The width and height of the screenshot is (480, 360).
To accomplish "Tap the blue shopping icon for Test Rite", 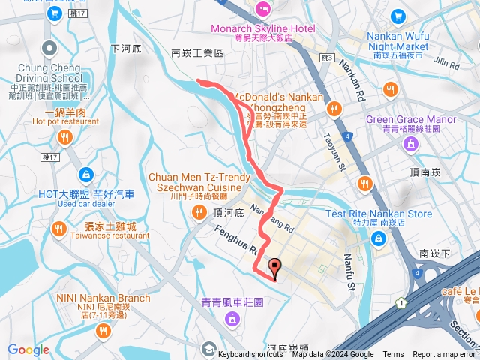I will coord(379,238).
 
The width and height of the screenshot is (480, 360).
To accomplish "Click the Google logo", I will coord(28,349).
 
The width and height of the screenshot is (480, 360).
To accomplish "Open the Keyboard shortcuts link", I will coord(250,355).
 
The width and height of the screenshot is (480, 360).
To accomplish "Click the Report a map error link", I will coord(444,355).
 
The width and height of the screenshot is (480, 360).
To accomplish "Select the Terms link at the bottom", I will coord(393,355).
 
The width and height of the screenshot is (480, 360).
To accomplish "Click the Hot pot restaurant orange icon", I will coord(65,137).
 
